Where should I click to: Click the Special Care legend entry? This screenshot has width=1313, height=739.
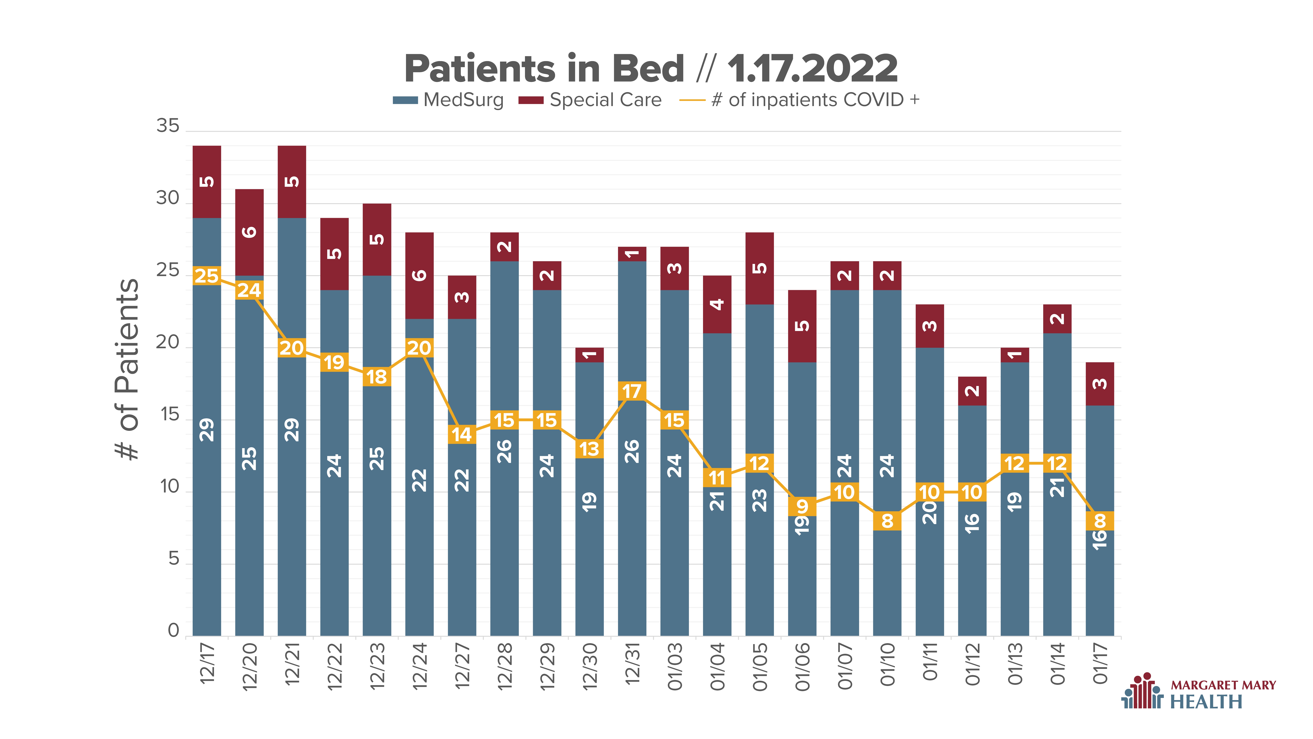(590, 100)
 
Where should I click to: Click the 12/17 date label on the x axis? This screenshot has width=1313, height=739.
(207, 663)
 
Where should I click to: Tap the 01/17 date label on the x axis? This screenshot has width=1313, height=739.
(1100, 663)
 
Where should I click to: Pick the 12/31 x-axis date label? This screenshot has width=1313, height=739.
(632, 663)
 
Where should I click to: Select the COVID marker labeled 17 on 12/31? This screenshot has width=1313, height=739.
(632, 391)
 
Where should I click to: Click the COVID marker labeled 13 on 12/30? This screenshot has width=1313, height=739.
(589, 449)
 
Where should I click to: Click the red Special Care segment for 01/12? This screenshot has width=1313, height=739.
(972, 391)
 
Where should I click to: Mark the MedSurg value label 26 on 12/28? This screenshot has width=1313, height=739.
(504, 451)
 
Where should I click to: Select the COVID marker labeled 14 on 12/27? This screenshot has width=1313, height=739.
(462, 435)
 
